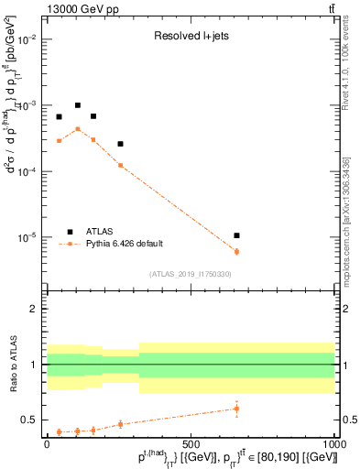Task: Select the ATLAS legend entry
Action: [x=101, y=231]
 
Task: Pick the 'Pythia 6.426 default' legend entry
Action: [x=124, y=243]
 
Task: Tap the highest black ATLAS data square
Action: [x=78, y=105]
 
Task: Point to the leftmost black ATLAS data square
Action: [x=59, y=116]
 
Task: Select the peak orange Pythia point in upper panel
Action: [x=78, y=129]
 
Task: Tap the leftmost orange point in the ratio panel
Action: [x=59, y=431]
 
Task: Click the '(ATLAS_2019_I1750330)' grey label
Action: [x=191, y=274]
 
